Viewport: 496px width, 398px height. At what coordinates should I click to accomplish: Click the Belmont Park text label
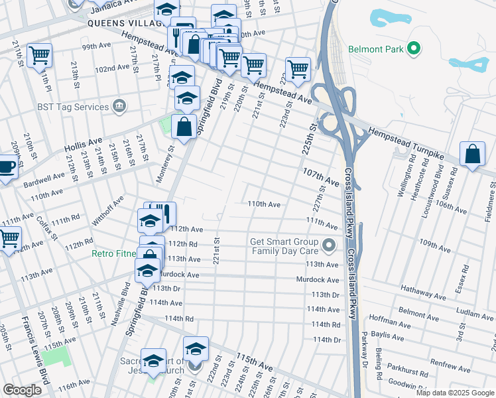point(376,50)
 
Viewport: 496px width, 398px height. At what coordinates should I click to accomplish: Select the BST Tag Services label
point(73,107)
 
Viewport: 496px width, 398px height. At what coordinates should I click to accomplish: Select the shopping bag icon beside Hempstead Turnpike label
point(471,154)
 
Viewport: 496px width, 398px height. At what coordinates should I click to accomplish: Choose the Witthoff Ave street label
point(109,211)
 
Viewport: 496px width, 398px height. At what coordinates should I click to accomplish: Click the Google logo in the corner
point(22,390)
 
